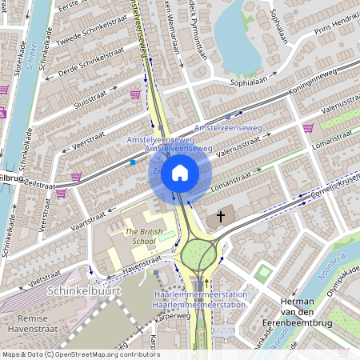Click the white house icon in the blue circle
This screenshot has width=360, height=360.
tap(180, 173)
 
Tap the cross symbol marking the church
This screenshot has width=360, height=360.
tap(221, 218)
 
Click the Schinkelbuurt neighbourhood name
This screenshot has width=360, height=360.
tap(84, 291)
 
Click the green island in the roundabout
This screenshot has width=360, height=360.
tap(198, 256)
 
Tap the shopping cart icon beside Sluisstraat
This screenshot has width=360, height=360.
tap(135, 94)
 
